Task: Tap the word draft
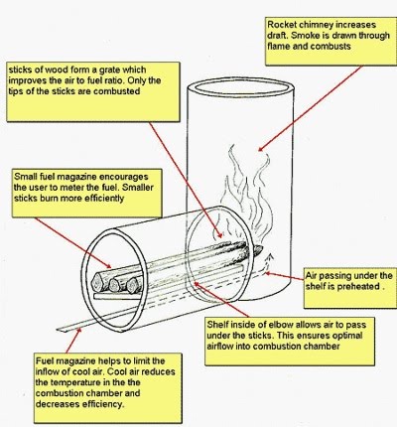coord(285,35)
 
